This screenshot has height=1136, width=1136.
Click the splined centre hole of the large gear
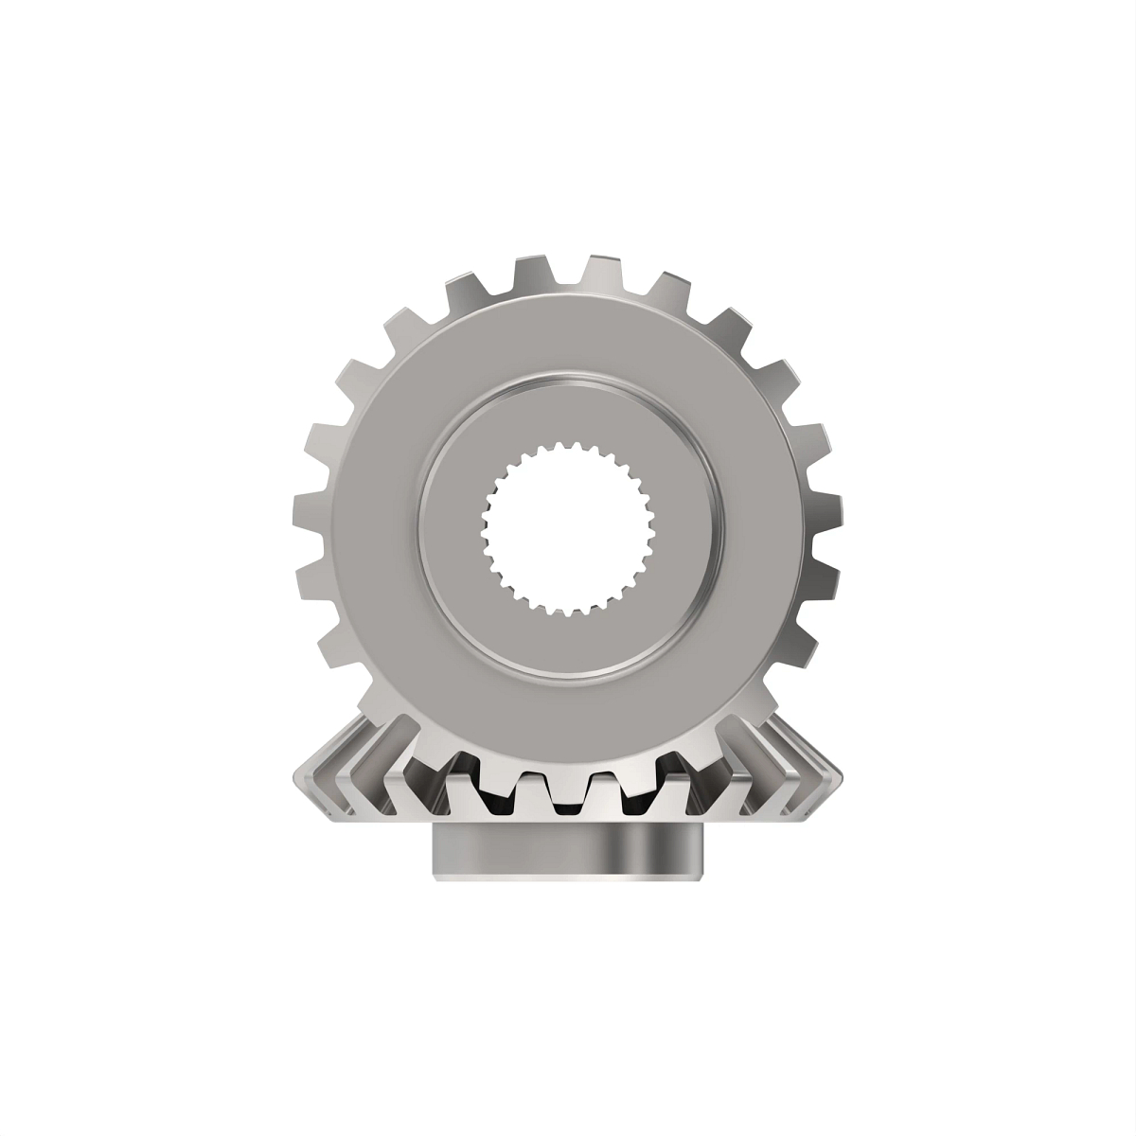click(568, 530)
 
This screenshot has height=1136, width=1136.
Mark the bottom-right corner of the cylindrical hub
click(702, 876)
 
